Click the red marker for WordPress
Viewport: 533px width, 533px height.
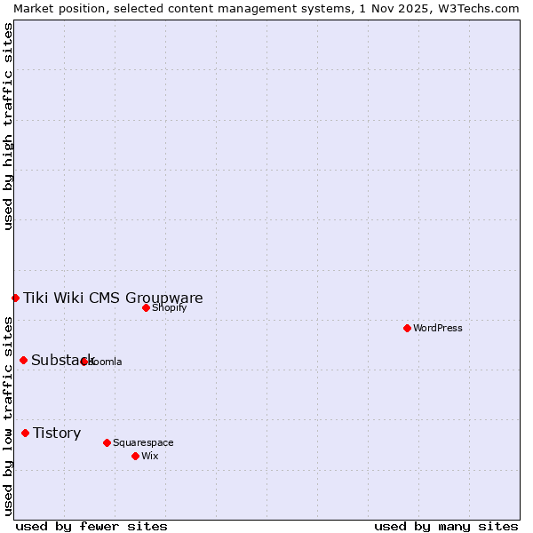tap(407, 328)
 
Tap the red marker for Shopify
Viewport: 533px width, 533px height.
tap(147, 307)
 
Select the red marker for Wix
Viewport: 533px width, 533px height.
tap(135, 456)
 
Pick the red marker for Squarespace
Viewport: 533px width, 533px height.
tap(107, 442)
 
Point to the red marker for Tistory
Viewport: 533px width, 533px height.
tap(25, 433)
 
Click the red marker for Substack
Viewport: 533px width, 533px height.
tap(24, 360)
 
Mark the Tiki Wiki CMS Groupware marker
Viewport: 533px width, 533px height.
tap(16, 298)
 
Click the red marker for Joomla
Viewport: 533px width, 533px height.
tap(84, 362)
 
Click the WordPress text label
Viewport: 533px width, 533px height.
tap(438, 328)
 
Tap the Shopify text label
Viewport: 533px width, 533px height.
tap(169, 307)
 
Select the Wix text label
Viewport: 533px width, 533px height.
tap(149, 456)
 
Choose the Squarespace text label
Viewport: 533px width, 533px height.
tap(143, 442)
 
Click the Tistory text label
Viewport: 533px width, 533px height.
tap(57, 433)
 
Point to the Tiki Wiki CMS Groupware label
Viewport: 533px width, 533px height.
tap(113, 298)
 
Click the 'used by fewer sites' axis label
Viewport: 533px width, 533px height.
tap(91, 526)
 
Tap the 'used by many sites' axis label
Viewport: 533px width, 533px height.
tap(446, 526)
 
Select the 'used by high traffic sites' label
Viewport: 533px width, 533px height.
tap(8, 126)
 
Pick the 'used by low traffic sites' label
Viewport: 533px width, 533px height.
tap(8, 416)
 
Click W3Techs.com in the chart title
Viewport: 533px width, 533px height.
tap(481, 8)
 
